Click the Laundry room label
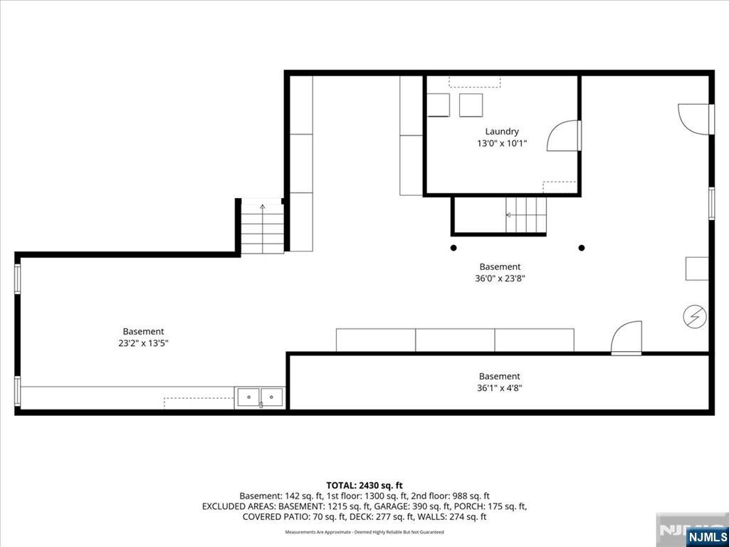coord(502,132)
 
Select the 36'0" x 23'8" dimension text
coord(500,279)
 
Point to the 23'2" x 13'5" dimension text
coord(142,344)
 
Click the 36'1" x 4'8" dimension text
coord(499,388)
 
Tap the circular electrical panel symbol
coord(695,317)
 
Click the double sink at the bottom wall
coord(260,397)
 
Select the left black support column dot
coord(453,248)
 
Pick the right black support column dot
coord(581,248)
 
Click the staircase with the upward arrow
coord(262,228)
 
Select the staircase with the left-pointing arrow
coord(526,214)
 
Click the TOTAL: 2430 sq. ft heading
coord(364,486)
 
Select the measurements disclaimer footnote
coord(364,531)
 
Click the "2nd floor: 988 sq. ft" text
coord(450,496)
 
